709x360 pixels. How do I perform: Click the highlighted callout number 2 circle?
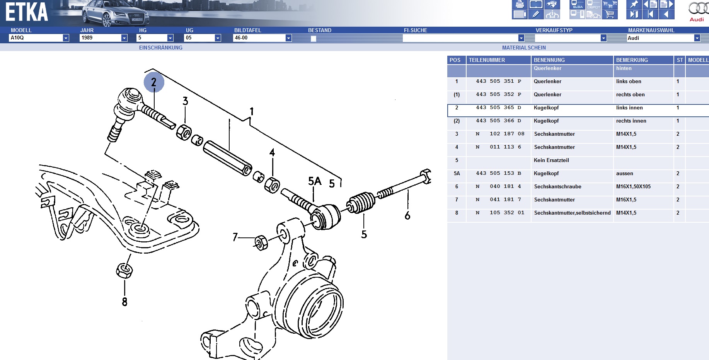click(x=154, y=82)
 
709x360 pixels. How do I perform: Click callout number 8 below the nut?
click(x=124, y=302)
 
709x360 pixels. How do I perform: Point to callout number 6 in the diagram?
click(x=407, y=215)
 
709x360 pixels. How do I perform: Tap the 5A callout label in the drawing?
click(x=315, y=181)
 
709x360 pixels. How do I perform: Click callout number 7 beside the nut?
click(x=235, y=237)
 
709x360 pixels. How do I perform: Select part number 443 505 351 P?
click(x=498, y=81)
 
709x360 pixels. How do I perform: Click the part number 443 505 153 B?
click(x=498, y=173)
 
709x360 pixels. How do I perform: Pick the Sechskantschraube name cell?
click(x=557, y=186)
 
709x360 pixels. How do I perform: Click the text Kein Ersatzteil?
click(x=551, y=160)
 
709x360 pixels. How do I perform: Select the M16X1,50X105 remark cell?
click(x=633, y=186)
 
